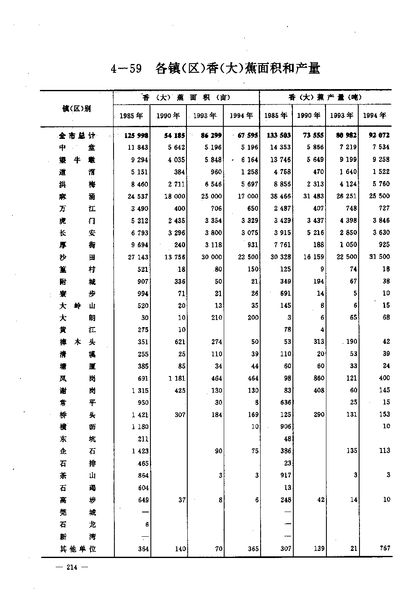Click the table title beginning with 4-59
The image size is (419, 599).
215,68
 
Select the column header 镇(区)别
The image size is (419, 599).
76,109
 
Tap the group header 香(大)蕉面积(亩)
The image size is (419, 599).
186,97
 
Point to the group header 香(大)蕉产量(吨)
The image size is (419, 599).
325,97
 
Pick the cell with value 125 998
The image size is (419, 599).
137,135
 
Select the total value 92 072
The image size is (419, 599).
379,135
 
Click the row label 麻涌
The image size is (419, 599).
77,196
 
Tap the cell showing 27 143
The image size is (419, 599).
138,257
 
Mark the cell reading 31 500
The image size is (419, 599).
379,256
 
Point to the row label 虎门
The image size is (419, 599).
77,220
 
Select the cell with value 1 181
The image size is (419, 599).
176,379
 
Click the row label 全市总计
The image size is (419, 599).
77,136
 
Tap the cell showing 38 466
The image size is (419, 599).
280,196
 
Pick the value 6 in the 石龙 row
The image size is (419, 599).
147,525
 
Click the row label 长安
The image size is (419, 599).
77,233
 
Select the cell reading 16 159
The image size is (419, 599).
313,257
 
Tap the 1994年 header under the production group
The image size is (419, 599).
375,115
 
